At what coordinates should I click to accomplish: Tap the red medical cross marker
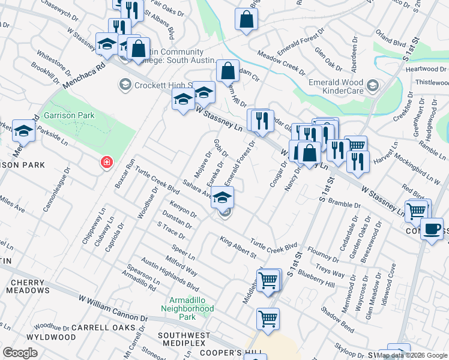click(x=106, y=162)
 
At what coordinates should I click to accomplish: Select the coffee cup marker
click(x=432, y=229)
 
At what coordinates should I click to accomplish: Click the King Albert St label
click(x=238, y=248)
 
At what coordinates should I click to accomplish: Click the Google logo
click(x=20, y=353)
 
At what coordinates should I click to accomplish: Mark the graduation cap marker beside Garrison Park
click(x=23, y=130)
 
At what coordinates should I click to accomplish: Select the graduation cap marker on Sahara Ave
click(x=222, y=197)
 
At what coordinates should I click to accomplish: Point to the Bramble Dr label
click(x=343, y=205)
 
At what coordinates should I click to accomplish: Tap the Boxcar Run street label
click(x=125, y=173)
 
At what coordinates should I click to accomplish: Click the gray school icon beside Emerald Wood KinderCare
click(x=373, y=86)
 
